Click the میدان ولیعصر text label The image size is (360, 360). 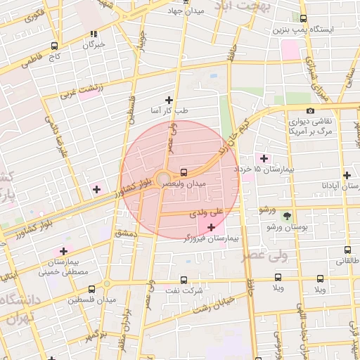point(184,183)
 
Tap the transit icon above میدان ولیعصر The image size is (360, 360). point(184,172)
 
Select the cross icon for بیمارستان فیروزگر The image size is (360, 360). point(212,227)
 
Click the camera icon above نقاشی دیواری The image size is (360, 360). point(310,110)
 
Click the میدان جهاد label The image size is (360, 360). point(186,11)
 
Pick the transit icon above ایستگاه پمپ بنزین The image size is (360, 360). point(303,19)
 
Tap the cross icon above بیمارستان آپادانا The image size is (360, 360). point(347,175)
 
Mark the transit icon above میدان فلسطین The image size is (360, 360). point(92,288)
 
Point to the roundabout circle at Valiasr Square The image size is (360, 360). point(163,178)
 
